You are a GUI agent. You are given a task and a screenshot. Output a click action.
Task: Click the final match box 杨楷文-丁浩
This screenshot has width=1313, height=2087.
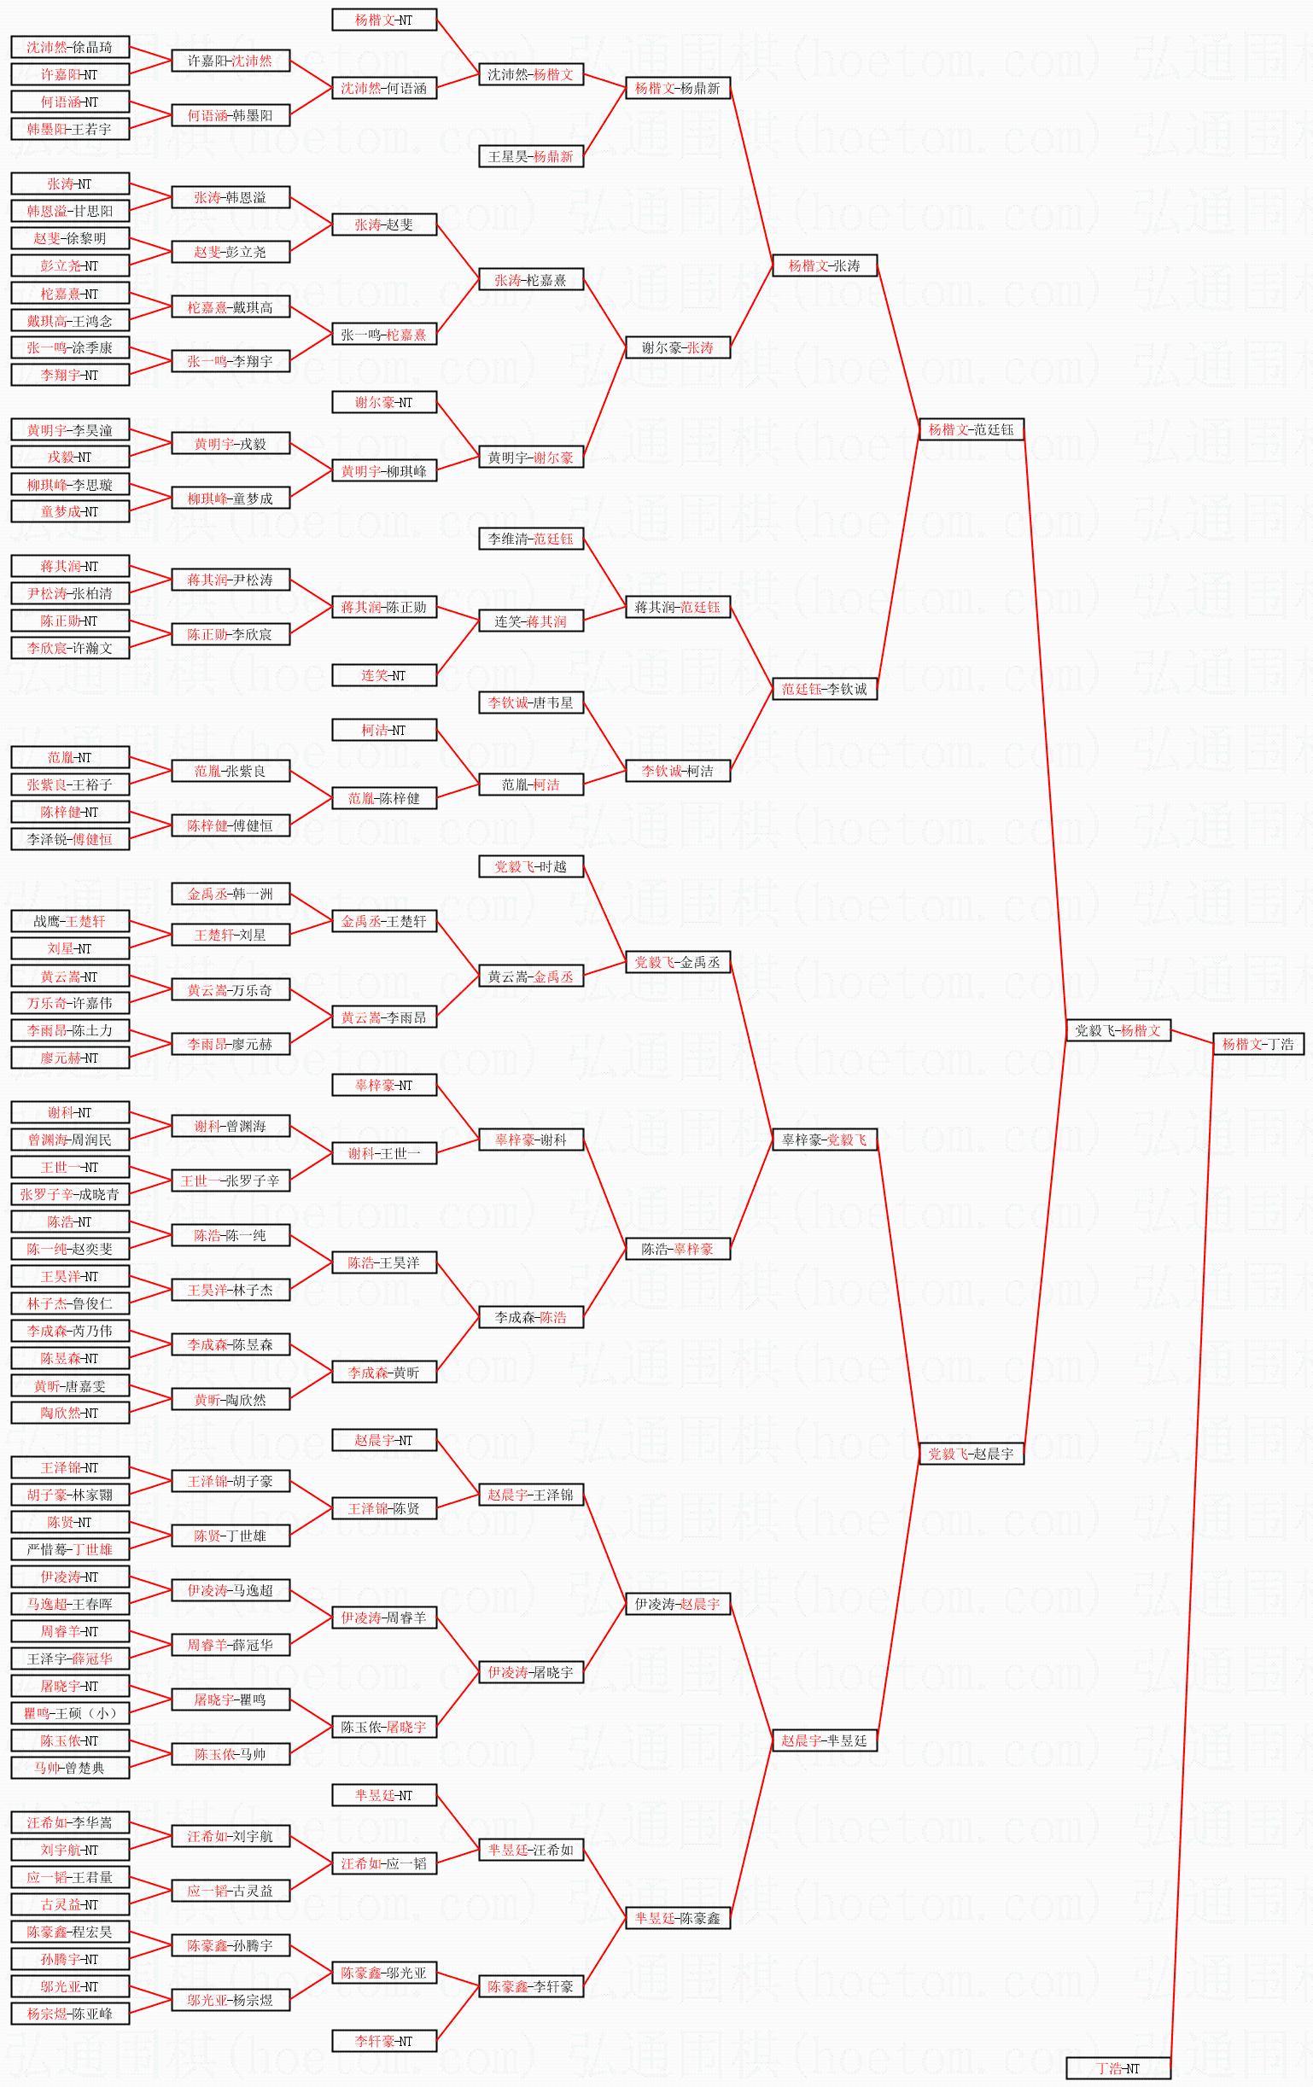1258,1045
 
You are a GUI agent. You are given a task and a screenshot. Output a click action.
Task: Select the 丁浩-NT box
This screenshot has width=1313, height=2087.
1118,2068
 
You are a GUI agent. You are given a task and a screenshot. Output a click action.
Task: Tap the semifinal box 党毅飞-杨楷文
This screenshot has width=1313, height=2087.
1118,1030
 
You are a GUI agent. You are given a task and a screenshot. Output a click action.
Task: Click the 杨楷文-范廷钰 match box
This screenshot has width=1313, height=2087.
972,429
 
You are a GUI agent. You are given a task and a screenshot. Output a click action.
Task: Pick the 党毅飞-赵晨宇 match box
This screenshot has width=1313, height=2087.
972,1454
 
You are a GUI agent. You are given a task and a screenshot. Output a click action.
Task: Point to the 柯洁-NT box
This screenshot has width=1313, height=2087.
384,730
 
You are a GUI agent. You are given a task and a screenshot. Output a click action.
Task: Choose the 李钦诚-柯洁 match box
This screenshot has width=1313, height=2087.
678,771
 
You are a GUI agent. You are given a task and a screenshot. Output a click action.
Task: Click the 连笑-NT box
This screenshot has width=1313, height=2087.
384,675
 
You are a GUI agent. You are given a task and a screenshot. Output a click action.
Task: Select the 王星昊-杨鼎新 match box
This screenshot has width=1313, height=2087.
530,157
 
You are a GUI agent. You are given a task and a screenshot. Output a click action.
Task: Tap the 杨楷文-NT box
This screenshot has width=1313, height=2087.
384,20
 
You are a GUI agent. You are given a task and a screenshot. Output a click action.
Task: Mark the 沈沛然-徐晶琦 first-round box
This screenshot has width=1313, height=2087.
70,47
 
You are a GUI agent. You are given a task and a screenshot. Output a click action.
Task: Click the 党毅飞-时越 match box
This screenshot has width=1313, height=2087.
530,866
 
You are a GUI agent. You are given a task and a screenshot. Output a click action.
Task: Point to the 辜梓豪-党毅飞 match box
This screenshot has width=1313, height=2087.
824,1140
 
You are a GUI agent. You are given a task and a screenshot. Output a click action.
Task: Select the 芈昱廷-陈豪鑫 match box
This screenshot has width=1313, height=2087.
678,1918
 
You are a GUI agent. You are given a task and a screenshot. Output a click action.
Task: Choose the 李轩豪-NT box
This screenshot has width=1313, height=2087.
384,2041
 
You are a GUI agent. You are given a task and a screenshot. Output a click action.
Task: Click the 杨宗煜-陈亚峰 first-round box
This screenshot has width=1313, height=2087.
70,2014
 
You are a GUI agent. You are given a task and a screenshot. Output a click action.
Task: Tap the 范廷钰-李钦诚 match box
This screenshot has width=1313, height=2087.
824,689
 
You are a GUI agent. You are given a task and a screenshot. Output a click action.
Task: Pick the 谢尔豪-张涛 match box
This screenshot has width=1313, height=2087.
678,347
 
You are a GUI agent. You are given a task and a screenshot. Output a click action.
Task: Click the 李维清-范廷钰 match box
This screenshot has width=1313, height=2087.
530,539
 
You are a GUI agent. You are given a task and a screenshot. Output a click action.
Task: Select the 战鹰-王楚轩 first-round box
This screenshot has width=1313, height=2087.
70,921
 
